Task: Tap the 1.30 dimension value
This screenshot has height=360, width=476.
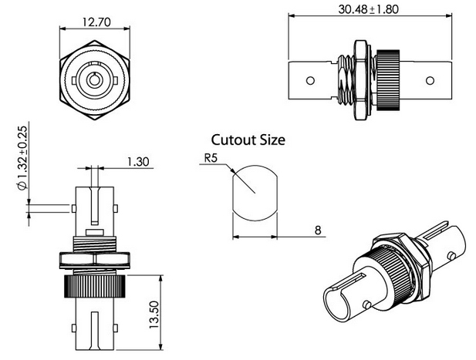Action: pos(137,162)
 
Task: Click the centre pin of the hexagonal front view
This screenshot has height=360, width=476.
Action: pos(93,80)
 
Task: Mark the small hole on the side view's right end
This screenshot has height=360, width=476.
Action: pos(427,79)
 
